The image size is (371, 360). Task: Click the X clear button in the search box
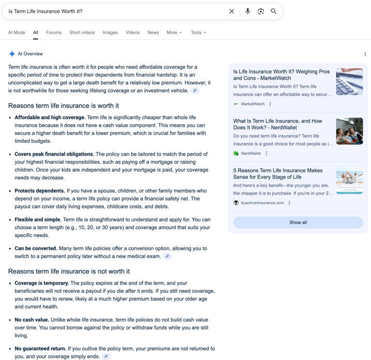[231, 11]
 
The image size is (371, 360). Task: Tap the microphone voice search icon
[248, 11]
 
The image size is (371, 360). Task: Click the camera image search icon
[260, 11]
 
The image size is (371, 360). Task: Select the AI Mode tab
[17, 33]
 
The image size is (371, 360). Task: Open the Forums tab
[54, 33]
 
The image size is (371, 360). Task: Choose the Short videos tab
[82, 33]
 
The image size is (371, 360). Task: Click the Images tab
[110, 33]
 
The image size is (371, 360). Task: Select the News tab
[153, 33]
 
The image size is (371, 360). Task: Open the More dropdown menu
[174, 33]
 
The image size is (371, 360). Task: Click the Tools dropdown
[198, 33]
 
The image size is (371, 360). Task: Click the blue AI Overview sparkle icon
[12, 54]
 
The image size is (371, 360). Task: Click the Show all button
[298, 222]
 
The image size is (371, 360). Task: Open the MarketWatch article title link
[281, 75]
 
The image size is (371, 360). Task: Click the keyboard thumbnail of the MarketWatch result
[349, 82]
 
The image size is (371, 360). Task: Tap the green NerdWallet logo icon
[236, 154]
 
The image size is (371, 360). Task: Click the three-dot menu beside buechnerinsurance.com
[289, 203]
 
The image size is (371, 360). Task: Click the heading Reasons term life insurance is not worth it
[69, 272]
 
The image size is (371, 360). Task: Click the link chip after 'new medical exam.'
[167, 256]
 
